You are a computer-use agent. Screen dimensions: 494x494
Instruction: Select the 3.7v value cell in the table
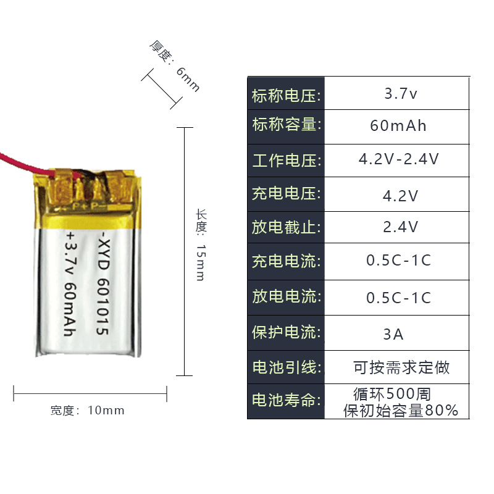(x=401, y=94)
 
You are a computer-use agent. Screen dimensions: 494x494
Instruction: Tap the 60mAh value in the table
(x=398, y=126)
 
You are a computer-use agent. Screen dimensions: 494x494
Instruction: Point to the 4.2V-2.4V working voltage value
(x=399, y=159)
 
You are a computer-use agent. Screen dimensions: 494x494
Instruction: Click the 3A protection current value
(x=393, y=335)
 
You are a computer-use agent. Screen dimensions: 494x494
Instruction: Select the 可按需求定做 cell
(x=401, y=368)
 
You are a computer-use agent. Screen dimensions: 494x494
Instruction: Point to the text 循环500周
(x=392, y=393)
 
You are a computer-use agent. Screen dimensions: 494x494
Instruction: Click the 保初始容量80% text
(x=401, y=411)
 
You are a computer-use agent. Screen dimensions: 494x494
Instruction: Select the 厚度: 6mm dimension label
(x=175, y=65)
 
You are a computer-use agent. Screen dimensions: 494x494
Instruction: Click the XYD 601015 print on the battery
(x=103, y=285)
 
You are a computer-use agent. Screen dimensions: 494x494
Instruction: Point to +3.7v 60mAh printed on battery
(x=70, y=285)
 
